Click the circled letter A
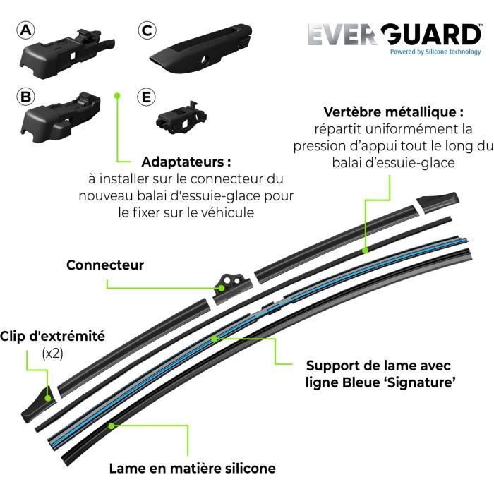coord(26,30)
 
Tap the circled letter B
coord(26,97)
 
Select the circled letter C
coord(147,30)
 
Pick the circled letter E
coord(147,97)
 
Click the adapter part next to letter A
coord(67,52)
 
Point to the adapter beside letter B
coord(61,117)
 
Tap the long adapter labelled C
coord(201,48)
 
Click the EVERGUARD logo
coord(394,35)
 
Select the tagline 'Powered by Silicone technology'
coord(435,52)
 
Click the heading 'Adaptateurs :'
coord(186,162)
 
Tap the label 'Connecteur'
coord(105,265)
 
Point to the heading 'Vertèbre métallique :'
coord(394,112)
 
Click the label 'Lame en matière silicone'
coord(193,468)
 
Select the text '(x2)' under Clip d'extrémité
coord(53,354)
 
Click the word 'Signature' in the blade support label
coord(423,382)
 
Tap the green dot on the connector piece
coord(222,288)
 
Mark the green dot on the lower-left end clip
coord(48,398)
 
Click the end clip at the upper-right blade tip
coord(438,203)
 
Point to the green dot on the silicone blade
coord(112,426)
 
